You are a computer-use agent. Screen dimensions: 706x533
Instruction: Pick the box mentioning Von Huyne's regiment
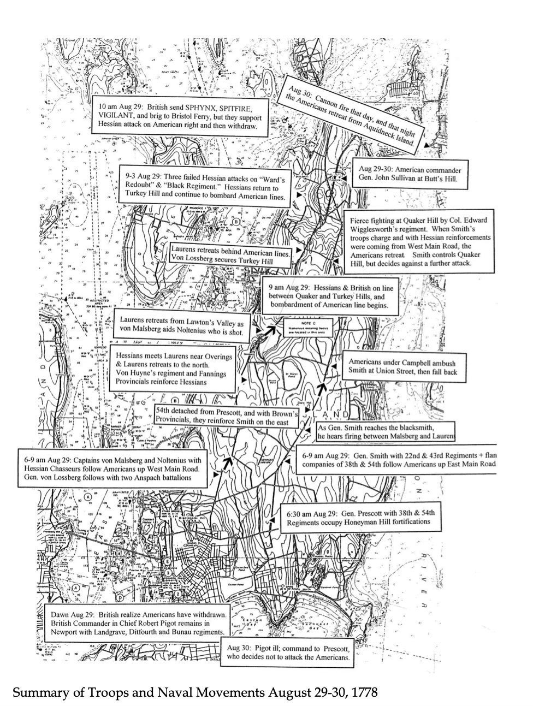click(173, 369)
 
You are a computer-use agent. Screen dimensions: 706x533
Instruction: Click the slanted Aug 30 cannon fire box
click(356, 114)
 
